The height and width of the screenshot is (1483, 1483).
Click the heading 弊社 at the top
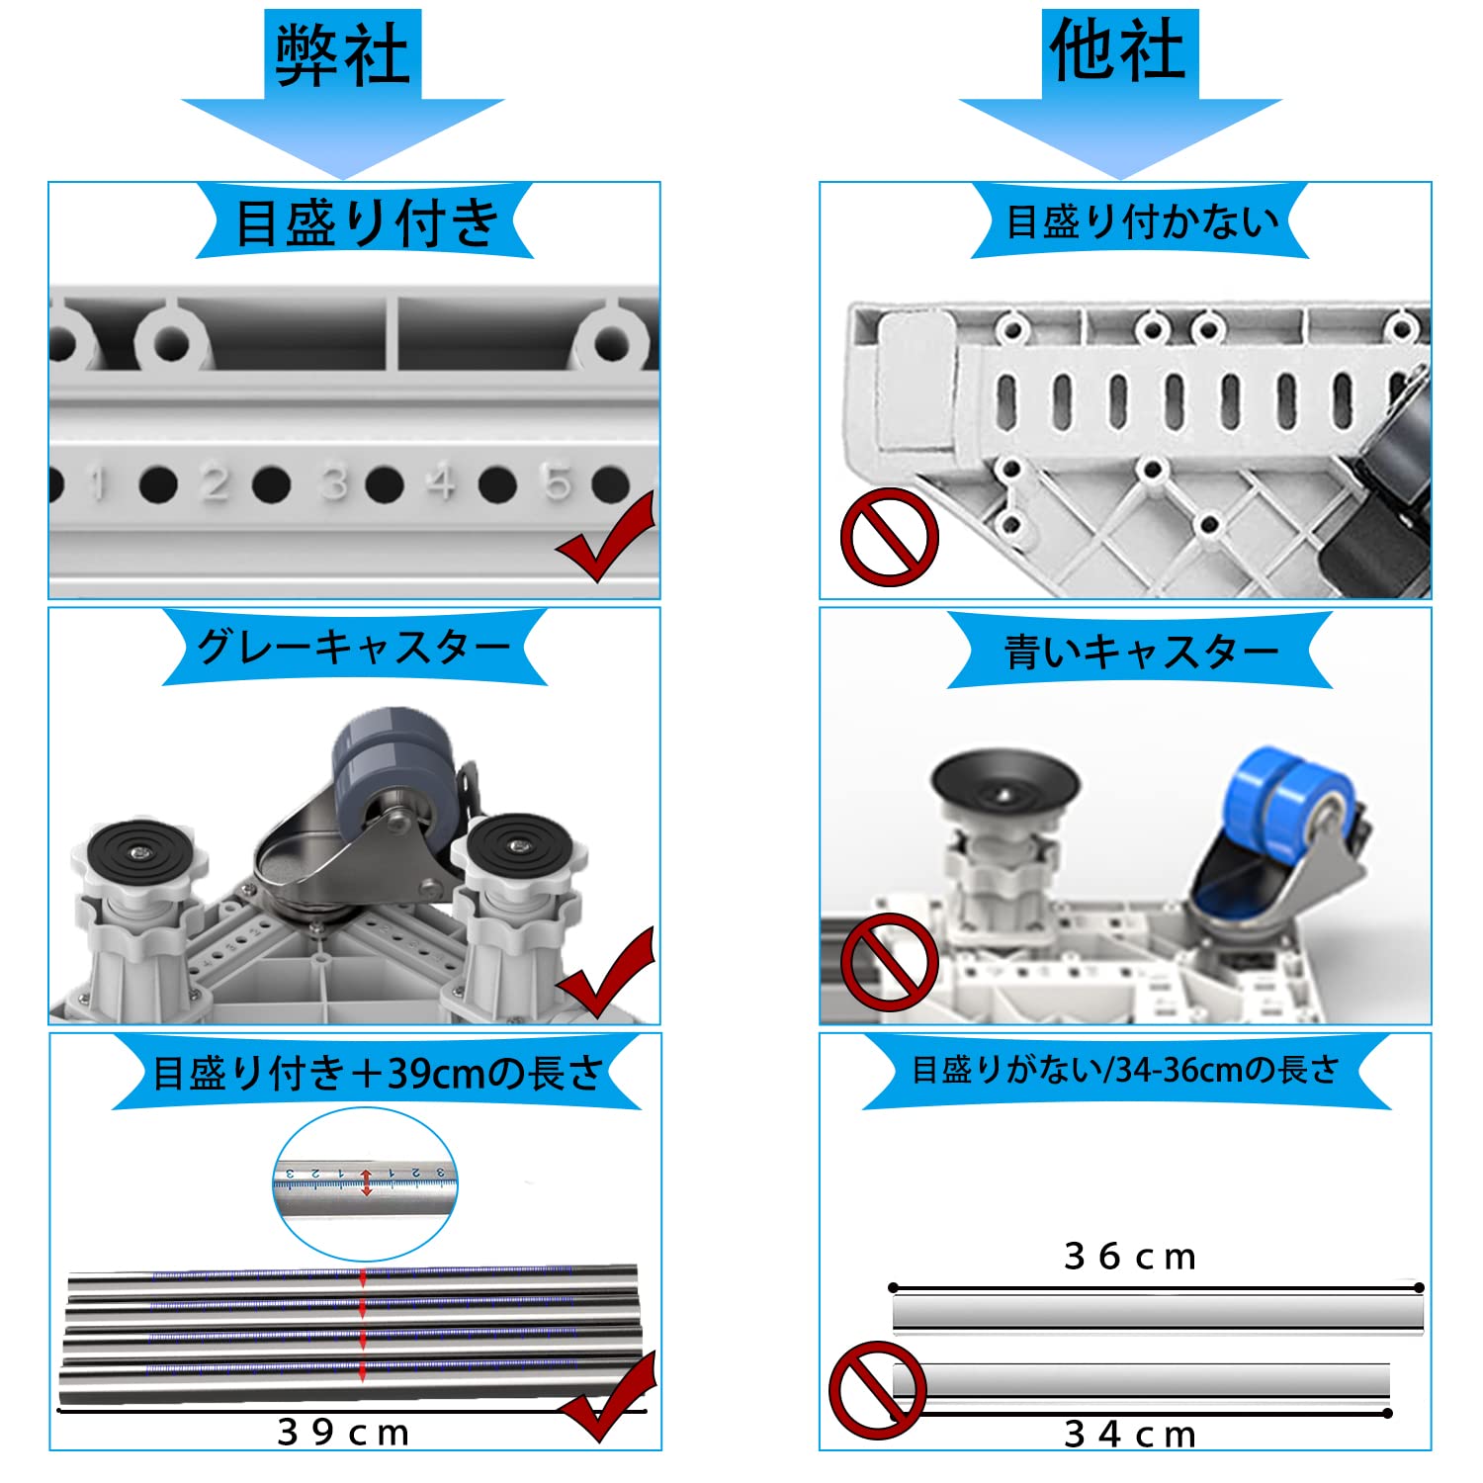point(342,54)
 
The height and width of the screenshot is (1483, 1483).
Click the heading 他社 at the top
point(1118,51)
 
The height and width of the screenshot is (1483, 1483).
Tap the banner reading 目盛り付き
point(365,222)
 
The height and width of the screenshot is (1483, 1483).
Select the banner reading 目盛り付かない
point(1141,222)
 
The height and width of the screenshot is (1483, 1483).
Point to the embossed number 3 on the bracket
point(335,483)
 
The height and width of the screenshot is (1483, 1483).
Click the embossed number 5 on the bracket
point(558,481)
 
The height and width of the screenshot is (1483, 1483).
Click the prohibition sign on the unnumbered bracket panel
point(889,537)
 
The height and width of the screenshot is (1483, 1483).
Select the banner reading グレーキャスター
point(354,649)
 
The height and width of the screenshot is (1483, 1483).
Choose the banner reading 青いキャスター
point(1141,652)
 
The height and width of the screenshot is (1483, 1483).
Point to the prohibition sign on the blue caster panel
point(889,962)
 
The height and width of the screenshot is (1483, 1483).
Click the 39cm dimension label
point(343,1432)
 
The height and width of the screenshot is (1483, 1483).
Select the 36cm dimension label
point(1130,1257)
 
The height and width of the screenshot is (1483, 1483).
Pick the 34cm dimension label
point(1130,1434)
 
